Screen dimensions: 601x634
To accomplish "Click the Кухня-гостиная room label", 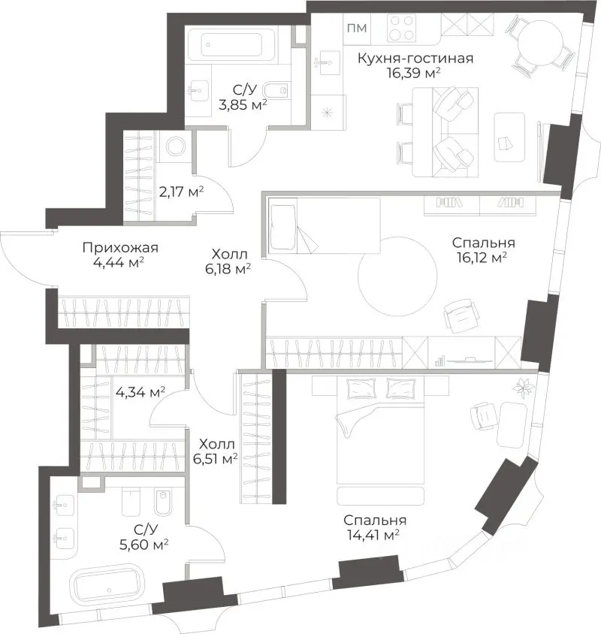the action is (415, 59).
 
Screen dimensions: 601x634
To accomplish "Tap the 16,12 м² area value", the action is (482, 258).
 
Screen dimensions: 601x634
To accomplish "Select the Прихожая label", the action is (120, 247).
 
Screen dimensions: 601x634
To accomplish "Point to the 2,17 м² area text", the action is (181, 192).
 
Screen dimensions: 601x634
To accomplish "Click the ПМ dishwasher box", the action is (357, 28).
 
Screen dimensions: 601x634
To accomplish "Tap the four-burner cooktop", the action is (402, 28).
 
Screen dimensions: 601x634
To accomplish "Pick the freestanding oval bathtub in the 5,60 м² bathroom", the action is (107, 589).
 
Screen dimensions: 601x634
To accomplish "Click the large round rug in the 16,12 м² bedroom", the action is (397, 276).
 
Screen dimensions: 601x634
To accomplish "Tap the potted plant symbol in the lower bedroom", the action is (521, 388).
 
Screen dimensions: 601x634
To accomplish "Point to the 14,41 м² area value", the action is (373, 535).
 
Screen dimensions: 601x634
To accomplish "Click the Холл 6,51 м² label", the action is (216, 451).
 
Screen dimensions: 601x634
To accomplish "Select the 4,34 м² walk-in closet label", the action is (140, 392).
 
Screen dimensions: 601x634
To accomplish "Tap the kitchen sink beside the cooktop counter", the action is (328, 62).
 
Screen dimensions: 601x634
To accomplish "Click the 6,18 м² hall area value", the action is (228, 269).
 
